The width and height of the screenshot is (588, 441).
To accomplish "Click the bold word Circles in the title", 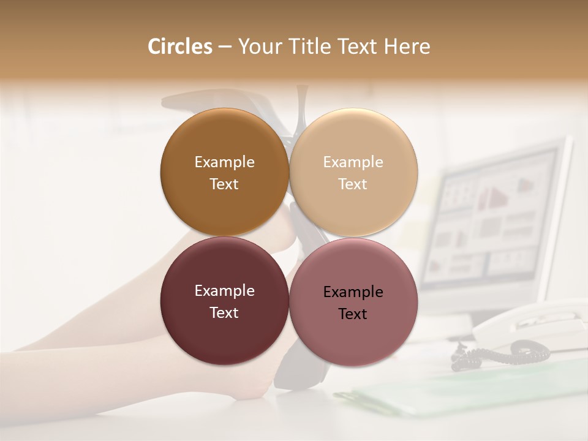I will (180, 47).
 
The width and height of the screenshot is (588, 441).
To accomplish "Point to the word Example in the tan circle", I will (353, 162).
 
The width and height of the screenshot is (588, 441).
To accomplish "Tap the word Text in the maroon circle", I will (224, 312).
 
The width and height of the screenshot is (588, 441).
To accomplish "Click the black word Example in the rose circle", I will (353, 292).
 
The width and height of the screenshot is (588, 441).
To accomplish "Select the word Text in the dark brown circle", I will (224, 184).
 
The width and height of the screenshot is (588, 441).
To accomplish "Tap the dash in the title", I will (224, 47).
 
